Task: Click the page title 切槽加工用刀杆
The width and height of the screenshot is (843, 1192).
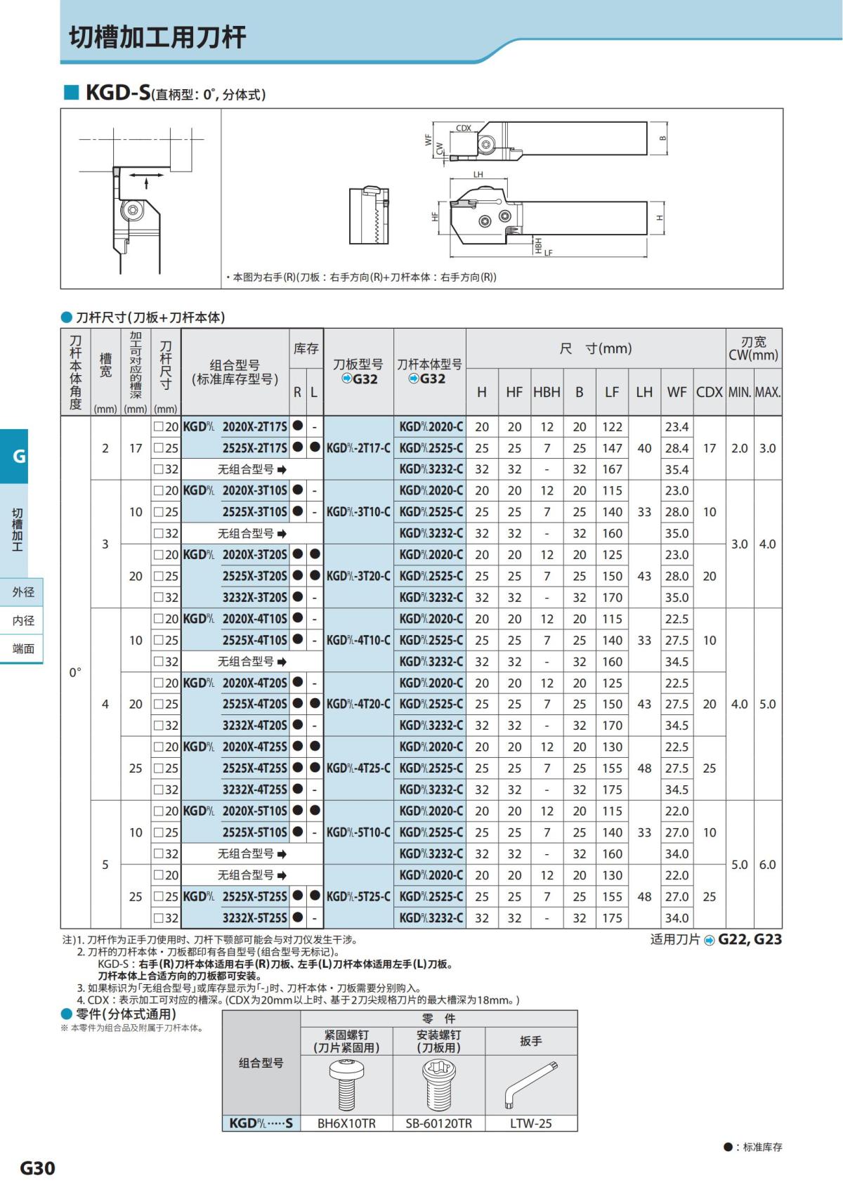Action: pyautogui.click(x=157, y=37)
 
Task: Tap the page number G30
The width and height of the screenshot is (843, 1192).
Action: pyautogui.click(x=37, y=1168)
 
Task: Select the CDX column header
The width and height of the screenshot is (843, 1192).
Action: pyautogui.click(x=709, y=392)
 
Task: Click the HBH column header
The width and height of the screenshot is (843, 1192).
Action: pyautogui.click(x=547, y=392)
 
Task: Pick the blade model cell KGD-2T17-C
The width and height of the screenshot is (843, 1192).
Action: pyautogui.click(x=358, y=448)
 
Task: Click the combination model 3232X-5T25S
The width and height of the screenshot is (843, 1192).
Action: pyautogui.click(x=254, y=918)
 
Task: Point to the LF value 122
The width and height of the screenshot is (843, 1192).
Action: pyautogui.click(x=612, y=427)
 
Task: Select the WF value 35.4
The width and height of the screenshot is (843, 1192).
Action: pyautogui.click(x=677, y=469)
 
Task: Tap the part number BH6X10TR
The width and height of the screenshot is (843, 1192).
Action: pyautogui.click(x=346, y=1123)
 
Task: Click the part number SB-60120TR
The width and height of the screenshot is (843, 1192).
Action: pyautogui.click(x=438, y=1123)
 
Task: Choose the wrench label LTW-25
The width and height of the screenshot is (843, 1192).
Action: pyautogui.click(x=531, y=1123)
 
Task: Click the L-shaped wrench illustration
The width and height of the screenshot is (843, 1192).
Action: pyautogui.click(x=530, y=1084)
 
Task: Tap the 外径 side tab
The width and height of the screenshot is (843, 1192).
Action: pyautogui.click(x=23, y=592)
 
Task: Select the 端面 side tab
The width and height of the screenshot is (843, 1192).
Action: pyautogui.click(x=23, y=648)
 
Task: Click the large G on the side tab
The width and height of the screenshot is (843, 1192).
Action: pyautogui.click(x=19, y=456)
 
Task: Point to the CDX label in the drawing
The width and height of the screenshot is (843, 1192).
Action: pyautogui.click(x=464, y=128)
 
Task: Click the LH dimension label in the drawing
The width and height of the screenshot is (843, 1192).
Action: pyautogui.click(x=478, y=174)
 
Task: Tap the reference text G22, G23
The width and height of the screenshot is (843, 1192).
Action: pyautogui.click(x=750, y=940)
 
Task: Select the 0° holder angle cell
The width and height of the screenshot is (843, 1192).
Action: pyautogui.click(x=75, y=672)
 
